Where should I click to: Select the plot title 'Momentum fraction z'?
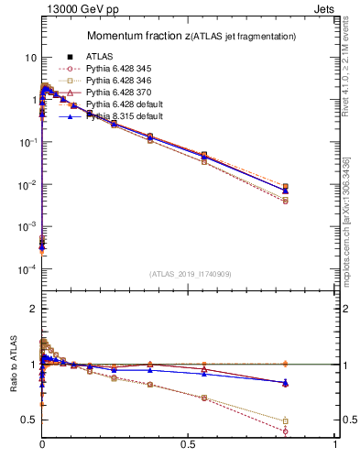137,36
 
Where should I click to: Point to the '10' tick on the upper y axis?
30,58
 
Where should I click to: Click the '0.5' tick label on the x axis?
188,445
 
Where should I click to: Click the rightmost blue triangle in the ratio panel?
286,382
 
